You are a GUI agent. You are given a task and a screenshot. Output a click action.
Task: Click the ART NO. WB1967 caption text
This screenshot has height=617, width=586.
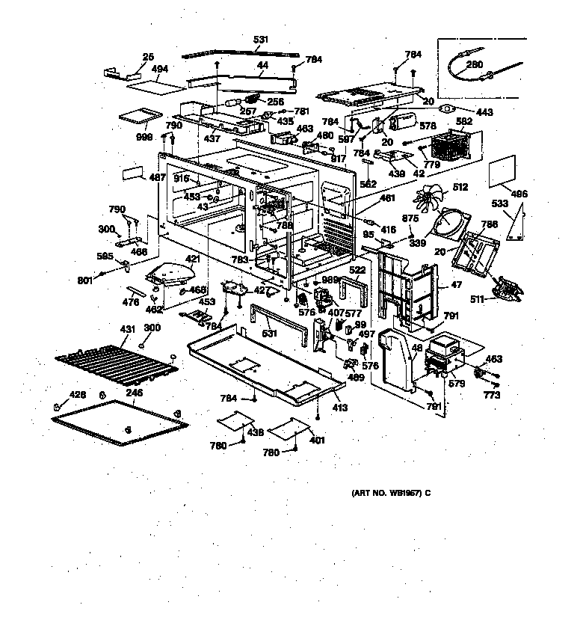click(391, 494)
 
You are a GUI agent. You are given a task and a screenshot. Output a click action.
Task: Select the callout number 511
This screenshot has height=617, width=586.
click(476, 300)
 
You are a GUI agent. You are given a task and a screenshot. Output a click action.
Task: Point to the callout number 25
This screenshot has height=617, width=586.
click(148, 56)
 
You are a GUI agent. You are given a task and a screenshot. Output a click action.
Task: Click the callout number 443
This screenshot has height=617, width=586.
click(485, 113)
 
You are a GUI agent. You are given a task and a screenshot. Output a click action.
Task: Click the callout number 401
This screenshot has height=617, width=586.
click(318, 441)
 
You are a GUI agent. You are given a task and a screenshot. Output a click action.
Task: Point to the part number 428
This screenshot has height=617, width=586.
click(78, 394)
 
